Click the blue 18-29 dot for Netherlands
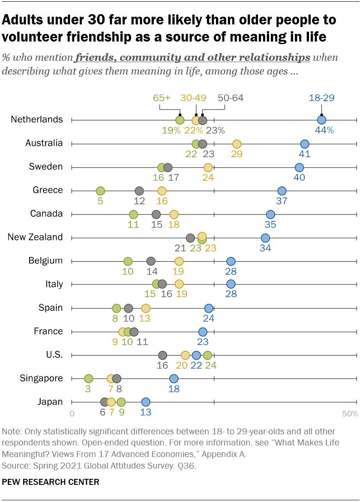pos(321,120)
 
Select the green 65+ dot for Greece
pos(100,191)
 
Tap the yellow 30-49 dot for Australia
pos(237,144)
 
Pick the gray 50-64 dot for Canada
pos(156,214)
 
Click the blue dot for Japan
pos(146,402)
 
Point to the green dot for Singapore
pos(88,379)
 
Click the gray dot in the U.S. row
pos(162,355)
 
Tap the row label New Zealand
pos(35,237)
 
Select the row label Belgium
pos(45,260)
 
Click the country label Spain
pos(51,308)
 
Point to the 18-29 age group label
pos(322,98)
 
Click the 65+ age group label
pos(162,98)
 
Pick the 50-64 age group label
pos(231,98)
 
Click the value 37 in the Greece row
pos(282,200)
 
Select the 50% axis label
pos(350,414)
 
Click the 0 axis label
pos(72,414)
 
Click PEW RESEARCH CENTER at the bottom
pos(51,482)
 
